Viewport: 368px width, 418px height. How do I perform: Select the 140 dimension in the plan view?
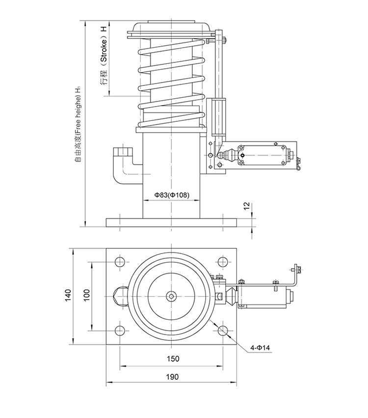68,295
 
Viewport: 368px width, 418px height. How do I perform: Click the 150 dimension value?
172,359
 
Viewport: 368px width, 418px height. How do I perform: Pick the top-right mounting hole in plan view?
223,261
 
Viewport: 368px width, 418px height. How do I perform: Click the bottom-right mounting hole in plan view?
223,330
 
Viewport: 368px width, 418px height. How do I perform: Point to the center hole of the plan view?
172,296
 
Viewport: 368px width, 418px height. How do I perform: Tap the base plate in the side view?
172,222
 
